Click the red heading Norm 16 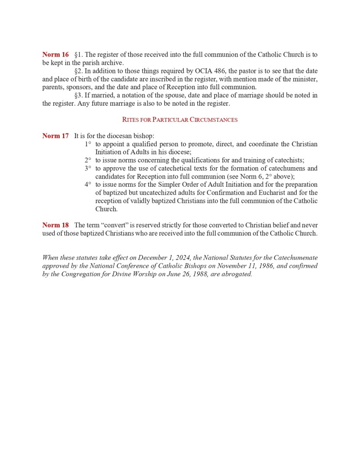point(56,55)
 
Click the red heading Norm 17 point(56,136)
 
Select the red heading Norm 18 point(56,225)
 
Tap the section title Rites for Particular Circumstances point(180,120)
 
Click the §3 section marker point(79,95)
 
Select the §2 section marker point(79,71)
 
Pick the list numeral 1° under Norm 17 point(87,144)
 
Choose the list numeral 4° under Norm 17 point(87,184)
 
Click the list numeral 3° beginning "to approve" point(87,168)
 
